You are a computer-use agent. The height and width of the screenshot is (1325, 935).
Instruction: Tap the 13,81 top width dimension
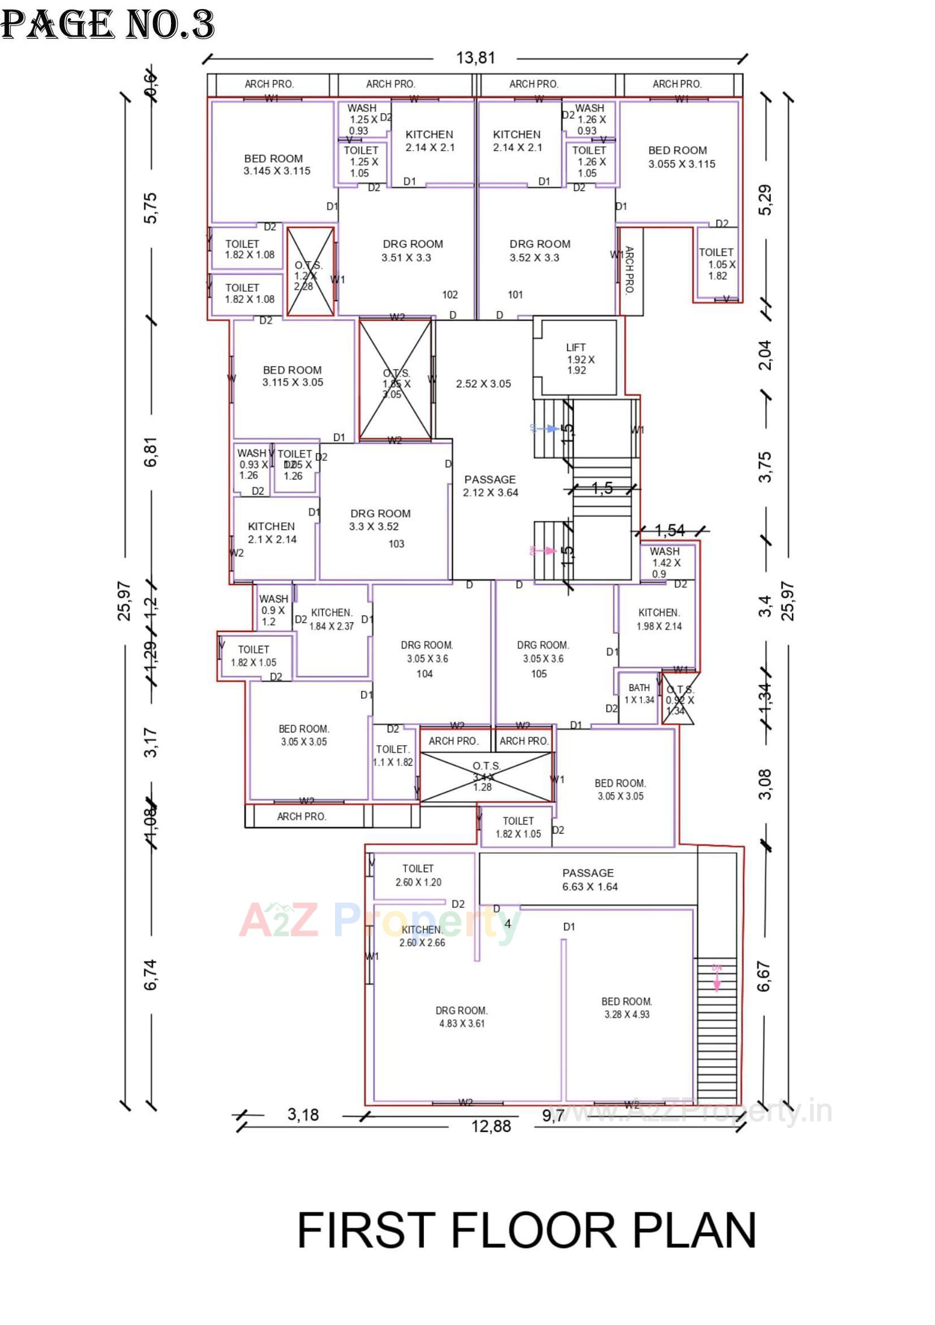475,58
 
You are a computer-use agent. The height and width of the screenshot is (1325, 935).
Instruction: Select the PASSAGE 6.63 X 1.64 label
589,880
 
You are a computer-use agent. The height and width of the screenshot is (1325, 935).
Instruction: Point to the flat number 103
396,544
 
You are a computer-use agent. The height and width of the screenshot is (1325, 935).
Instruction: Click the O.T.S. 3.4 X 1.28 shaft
486,776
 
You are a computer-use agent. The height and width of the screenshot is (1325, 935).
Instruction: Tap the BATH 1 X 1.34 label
639,694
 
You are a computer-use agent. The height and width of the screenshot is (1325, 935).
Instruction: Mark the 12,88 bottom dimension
491,1126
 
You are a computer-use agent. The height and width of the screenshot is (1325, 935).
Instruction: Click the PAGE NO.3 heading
108,25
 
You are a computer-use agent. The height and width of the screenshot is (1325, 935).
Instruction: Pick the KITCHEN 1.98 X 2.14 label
659,619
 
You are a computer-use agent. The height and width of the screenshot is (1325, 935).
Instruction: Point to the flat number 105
539,673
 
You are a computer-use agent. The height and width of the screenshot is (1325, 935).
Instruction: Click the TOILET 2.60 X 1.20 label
418,875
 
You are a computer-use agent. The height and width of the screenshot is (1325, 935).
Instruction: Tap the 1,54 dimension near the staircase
670,530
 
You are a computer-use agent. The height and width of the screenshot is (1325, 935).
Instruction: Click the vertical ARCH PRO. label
630,270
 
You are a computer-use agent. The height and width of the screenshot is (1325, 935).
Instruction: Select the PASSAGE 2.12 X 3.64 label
490,486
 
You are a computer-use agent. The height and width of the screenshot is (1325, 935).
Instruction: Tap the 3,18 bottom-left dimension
303,1114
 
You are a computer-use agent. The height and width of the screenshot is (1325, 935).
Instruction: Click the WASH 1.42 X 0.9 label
666,562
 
